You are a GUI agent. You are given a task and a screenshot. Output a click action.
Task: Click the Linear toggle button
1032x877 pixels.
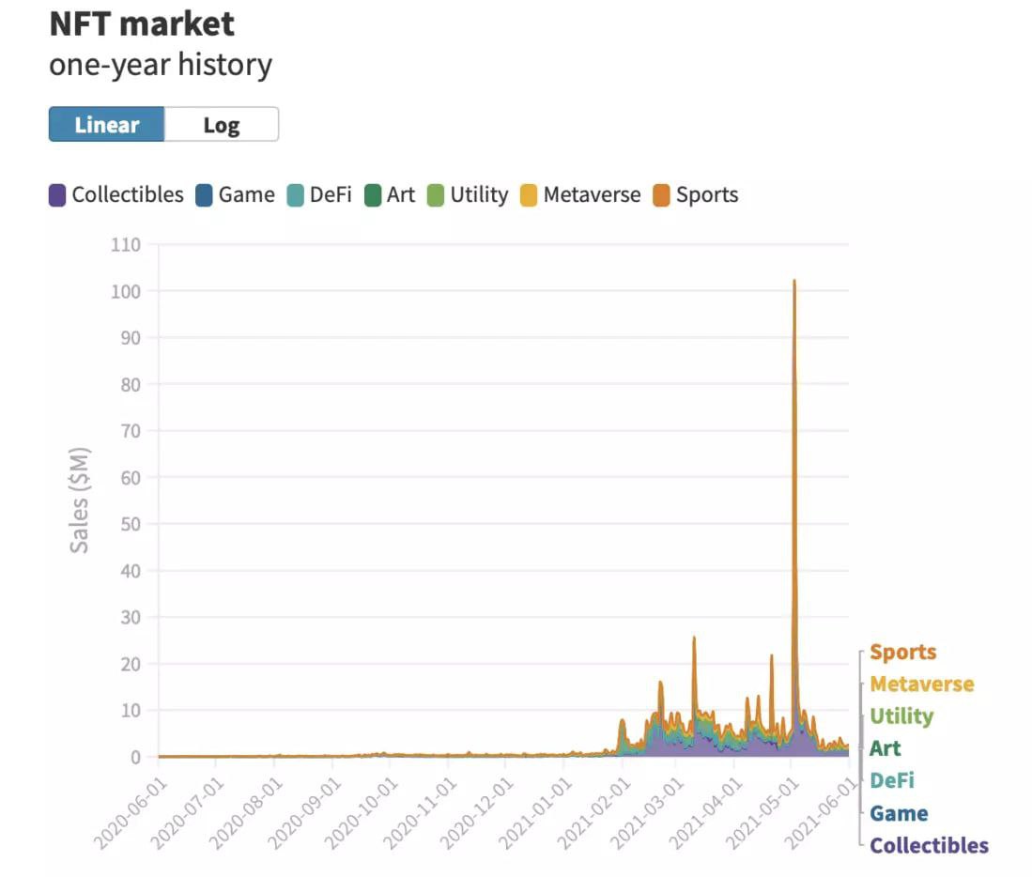[106, 125]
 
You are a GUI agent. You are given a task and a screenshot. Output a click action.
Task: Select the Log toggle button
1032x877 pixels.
[222, 125]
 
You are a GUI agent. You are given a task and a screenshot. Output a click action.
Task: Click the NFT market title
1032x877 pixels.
[142, 23]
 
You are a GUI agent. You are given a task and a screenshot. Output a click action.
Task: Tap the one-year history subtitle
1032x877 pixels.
[161, 66]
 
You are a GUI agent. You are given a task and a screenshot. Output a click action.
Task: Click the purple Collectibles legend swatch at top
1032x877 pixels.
[57, 195]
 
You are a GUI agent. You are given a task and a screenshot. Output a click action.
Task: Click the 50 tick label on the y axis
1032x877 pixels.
[130, 524]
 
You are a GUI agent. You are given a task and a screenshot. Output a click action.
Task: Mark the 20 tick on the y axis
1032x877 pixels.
[130, 664]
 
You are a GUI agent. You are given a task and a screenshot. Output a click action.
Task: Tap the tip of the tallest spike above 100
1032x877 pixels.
[794, 281]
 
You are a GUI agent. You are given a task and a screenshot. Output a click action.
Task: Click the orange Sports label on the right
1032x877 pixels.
[902, 653]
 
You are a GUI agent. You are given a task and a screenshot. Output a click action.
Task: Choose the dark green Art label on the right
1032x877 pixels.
[885, 749]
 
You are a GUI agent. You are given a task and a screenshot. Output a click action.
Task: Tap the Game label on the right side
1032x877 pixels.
[899, 813]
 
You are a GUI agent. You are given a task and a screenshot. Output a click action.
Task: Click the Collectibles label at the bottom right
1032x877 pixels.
[929, 845]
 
